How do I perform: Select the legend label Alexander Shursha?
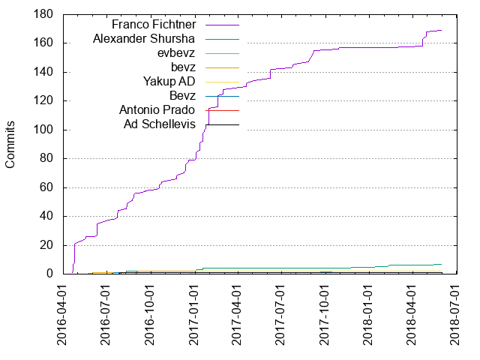(x=145, y=38)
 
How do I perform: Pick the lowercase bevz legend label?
(x=183, y=67)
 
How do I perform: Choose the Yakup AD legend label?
(x=169, y=81)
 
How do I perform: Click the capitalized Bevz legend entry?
(x=182, y=95)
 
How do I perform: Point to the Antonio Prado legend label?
(x=158, y=109)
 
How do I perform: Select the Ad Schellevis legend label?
(x=159, y=124)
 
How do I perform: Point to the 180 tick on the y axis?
(x=42, y=14)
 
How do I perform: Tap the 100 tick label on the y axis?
(x=42, y=130)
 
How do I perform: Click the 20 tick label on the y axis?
(x=45, y=245)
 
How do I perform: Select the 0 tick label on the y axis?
(x=48, y=274)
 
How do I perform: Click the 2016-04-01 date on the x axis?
(x=62, y=316)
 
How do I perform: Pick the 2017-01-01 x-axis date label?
(x=194, y=316)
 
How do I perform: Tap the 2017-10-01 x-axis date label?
(x=325, y=316)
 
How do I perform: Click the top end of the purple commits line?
(x=442, y=31)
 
